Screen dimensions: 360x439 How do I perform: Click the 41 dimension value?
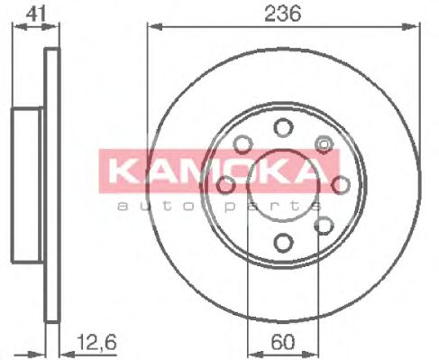[35, 14]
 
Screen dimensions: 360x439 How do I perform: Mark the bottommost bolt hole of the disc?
[282, 242]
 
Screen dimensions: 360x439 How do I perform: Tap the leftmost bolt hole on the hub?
[224, 185]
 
